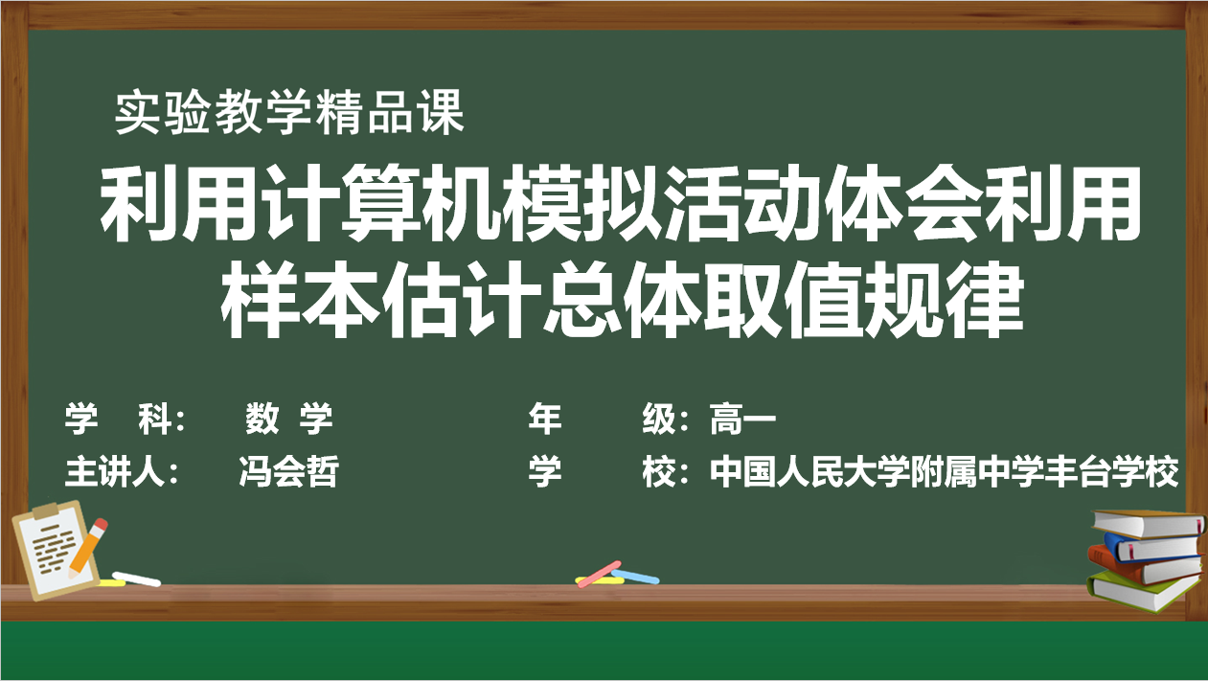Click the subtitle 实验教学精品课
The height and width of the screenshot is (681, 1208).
[x=289, y=112]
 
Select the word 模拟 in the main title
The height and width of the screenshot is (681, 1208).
[x=583, y=204]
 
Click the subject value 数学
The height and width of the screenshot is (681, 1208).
[x=289, y=419]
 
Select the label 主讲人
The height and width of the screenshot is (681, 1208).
[x=114, y=471]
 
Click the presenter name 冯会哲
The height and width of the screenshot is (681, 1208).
[x=289, y=471]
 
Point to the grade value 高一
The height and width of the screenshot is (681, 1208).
[x=742, y=419]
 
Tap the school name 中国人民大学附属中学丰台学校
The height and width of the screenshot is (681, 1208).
[x=944, y=471]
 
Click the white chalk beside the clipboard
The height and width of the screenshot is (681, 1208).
[x=136, y=579]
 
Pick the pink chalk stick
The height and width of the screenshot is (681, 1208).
[x=599, y=575]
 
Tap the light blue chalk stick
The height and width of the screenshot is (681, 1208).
[x=635, y=577]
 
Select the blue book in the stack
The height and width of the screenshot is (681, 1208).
[x=1154, y=547]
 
